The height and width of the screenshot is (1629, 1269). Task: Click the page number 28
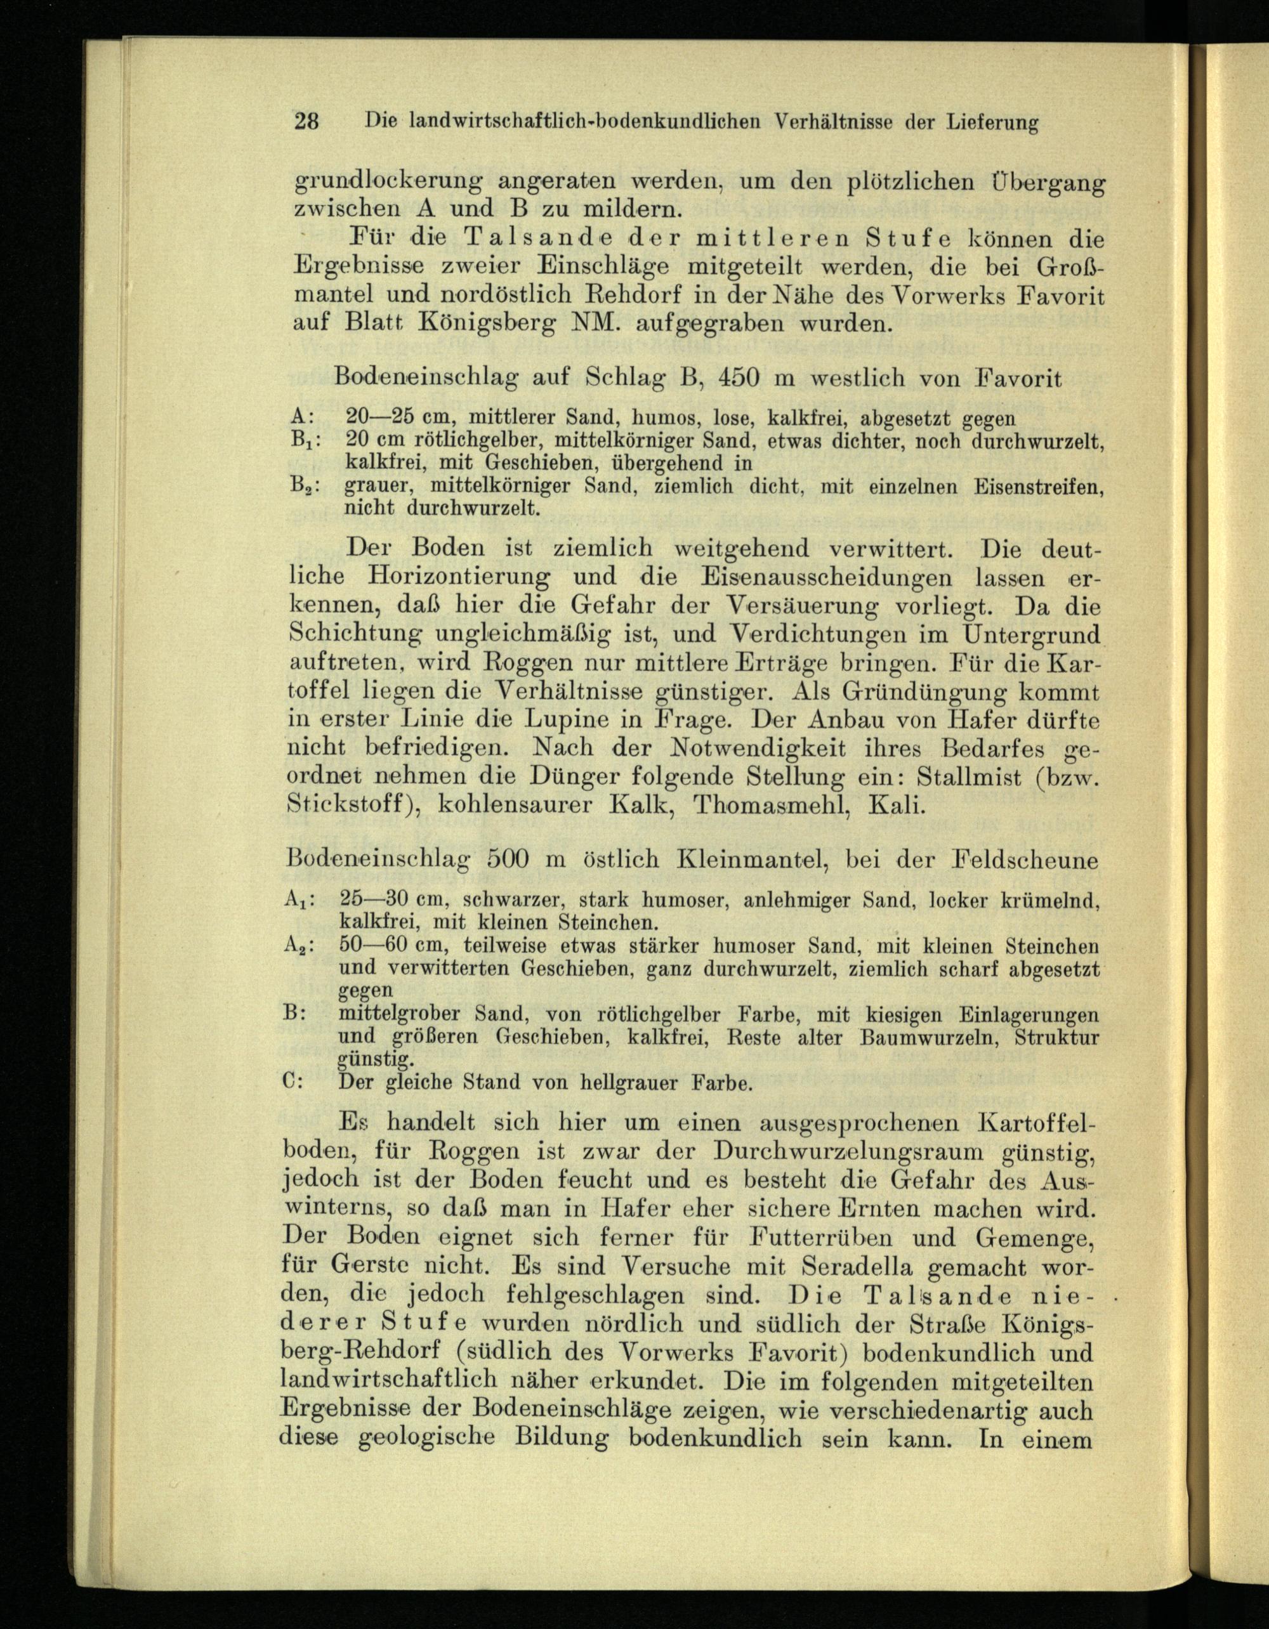click(306, 120)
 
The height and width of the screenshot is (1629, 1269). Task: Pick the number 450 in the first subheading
click(738, 377)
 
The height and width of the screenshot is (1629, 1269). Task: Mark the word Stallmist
click(968, 776)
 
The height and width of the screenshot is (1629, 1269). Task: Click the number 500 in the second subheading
click(508, 860)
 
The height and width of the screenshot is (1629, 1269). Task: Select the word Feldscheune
click(1024, 860)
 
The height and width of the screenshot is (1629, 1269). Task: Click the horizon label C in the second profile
click(293, 1082)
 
